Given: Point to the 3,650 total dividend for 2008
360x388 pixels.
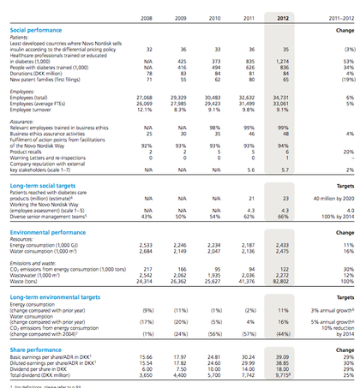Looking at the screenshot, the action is click(x=146, y=351).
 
